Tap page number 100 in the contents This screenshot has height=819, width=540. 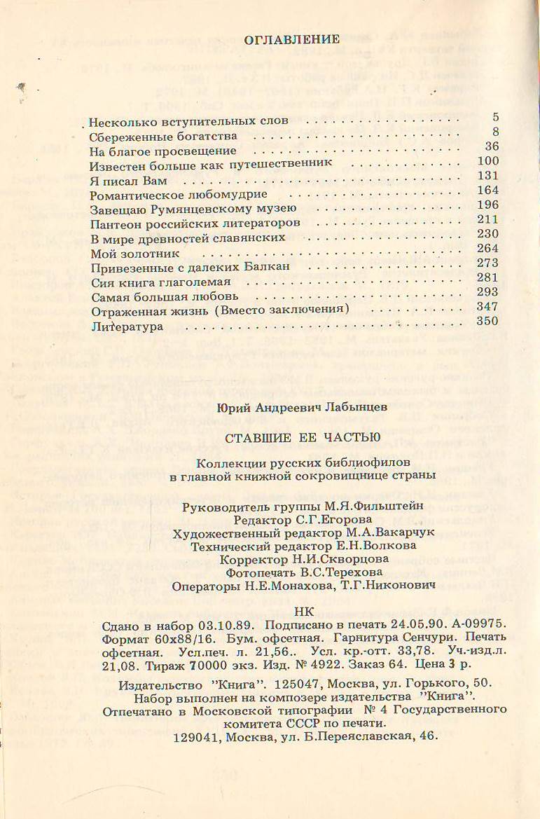(486, 161)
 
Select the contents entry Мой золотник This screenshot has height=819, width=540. (136, 253)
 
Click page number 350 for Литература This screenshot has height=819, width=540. (486, 322)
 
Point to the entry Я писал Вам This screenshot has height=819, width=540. (126, 180)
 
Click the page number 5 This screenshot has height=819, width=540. (494, 116)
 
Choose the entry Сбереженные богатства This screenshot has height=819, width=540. (163, 135)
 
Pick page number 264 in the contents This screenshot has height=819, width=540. (486, 249)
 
